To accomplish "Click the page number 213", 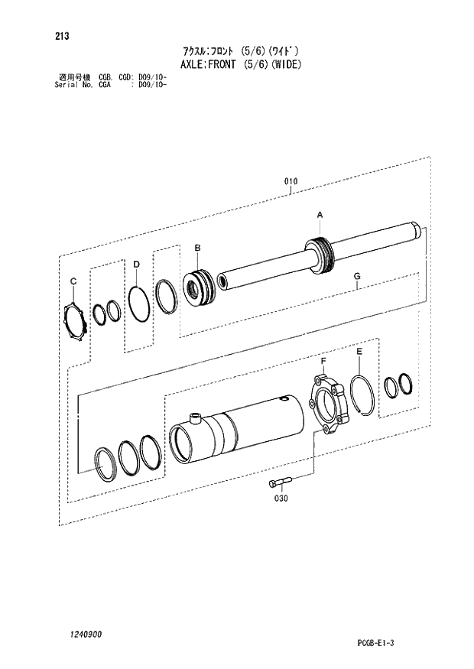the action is (x=62, y=36).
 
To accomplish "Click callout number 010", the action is (x=291, y=181).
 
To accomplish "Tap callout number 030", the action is (x=281, y=498).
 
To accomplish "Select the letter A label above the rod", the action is (x=320, y=216).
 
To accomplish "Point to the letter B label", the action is (x=197, y=248).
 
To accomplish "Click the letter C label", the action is (x=73, y=281).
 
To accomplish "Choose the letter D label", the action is (x=136, y=265).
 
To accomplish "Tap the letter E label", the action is (x=359, y=352).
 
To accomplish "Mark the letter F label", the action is (x=323, y=362).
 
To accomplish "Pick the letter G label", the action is (x=357, y=276).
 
